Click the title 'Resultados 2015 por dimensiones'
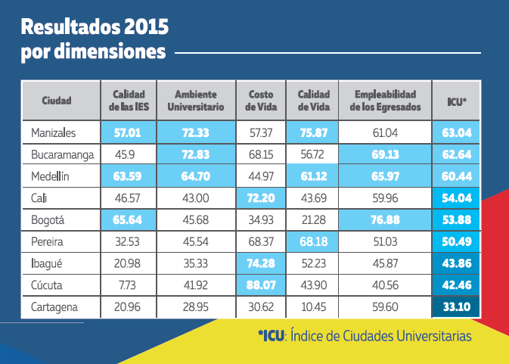click(x=95, y=40)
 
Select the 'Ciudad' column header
click(x=57, y=101)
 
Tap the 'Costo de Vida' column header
click(x=261, y=101)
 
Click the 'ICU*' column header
click(x=457, y=101)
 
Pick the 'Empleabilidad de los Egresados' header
click(x=385, y=101)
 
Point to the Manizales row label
click(x=54, y=133)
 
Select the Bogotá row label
click(x=50, y=220)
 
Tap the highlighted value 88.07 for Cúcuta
click(x=261, y=286)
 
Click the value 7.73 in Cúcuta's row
click(x=128, y=286)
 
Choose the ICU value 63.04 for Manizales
click(x=457, y=133)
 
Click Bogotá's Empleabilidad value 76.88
click(x=385, y=220)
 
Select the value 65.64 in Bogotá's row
click(x=128, y=220)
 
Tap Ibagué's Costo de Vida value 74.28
click(x=261, y=264)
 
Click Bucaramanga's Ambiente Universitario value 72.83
click(x=196, y=155)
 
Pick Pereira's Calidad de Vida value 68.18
click(x=312, y=242)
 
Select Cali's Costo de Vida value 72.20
click(x=261, y=198)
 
